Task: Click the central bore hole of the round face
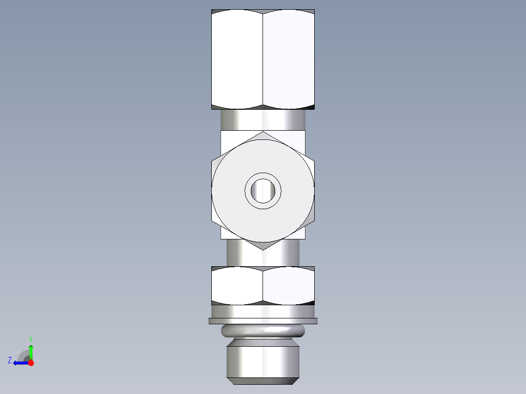263,191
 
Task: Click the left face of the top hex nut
237,59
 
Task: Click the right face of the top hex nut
288,59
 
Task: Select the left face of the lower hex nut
237,285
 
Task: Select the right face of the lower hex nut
288,285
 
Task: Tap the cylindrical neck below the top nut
263,120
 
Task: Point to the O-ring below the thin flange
263,332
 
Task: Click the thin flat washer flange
263,321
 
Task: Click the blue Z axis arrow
20,363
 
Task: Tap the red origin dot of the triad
31,363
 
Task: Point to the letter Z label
10,360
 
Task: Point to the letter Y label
30,338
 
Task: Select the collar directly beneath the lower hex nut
263,311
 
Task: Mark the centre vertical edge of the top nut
263,59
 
